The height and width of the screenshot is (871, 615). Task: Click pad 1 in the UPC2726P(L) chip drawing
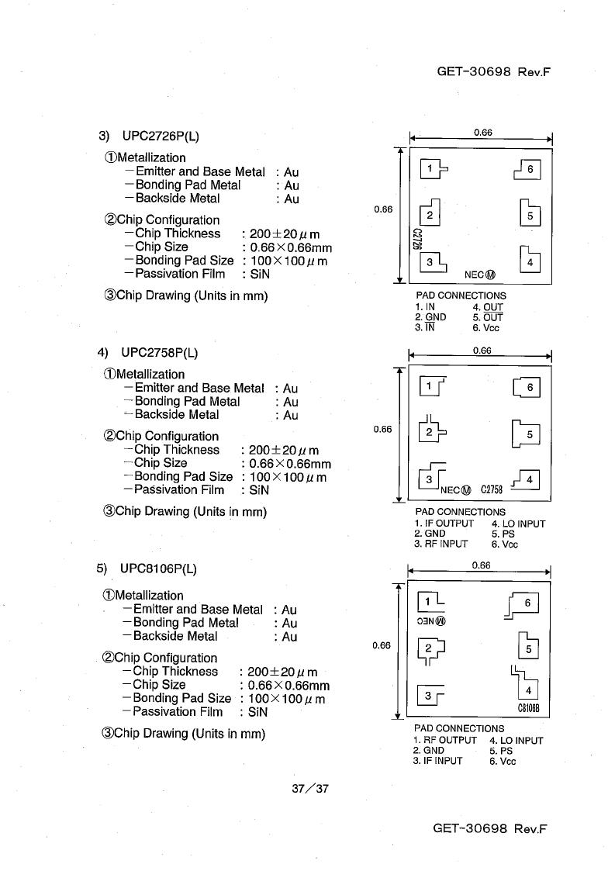pos(430,169)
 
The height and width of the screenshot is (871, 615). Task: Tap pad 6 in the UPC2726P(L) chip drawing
pos(530,169)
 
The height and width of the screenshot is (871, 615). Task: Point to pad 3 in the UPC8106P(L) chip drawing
pos(428,696)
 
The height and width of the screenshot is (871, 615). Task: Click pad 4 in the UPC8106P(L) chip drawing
pos(528,690)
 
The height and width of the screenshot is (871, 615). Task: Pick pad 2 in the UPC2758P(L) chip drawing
pos(429,431)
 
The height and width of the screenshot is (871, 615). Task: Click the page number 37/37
pos(310,788)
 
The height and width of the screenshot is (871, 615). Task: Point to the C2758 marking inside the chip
pos(491,489)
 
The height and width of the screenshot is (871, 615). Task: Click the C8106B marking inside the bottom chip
pos(528,708)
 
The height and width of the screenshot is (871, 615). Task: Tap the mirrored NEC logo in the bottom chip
pos(431,621)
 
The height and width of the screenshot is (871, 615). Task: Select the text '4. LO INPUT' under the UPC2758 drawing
pos(518,524)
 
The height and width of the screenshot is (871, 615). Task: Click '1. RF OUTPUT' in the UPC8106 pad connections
pos(444,741)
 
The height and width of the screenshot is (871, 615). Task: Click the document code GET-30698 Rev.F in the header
pos(493,71)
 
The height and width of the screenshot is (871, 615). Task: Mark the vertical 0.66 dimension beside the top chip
pos(383,209)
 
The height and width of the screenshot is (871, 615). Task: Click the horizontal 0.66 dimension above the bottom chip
pos(481,565)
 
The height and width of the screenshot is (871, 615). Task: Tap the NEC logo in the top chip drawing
pos(479,275)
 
